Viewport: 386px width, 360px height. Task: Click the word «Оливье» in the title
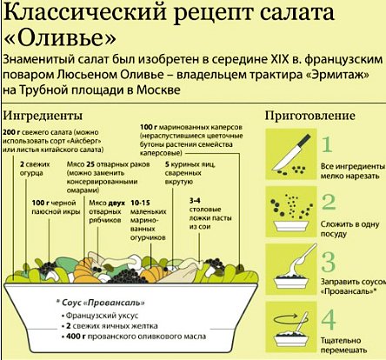(x=60, y=38)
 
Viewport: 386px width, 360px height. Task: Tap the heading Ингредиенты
(x=43, y=116)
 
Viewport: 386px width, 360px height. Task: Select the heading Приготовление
(x=309, y=116)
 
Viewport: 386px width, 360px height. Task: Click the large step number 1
(x=327, y=144)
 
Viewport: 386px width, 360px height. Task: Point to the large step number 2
(x=329, y=202)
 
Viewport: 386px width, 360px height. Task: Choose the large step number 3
(x=329, y=262)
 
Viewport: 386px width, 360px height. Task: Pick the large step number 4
(x=329, y=319)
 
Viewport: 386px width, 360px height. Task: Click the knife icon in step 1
(x=291, y=153)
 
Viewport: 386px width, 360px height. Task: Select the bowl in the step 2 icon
(x=291, y=226)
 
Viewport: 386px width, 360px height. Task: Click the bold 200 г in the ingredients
(x=11, y=132)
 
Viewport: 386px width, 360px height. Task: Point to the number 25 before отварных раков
(x=90, y=164)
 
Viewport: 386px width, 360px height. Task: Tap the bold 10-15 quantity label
(x=140, y=203)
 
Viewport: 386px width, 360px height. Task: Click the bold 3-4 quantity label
(x=195, y=201)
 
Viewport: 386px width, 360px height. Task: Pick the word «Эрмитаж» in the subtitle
(x=338, y=75)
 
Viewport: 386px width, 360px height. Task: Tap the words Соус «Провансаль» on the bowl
(x=103, y=303)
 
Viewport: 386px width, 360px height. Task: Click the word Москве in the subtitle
(x=158, y=90)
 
